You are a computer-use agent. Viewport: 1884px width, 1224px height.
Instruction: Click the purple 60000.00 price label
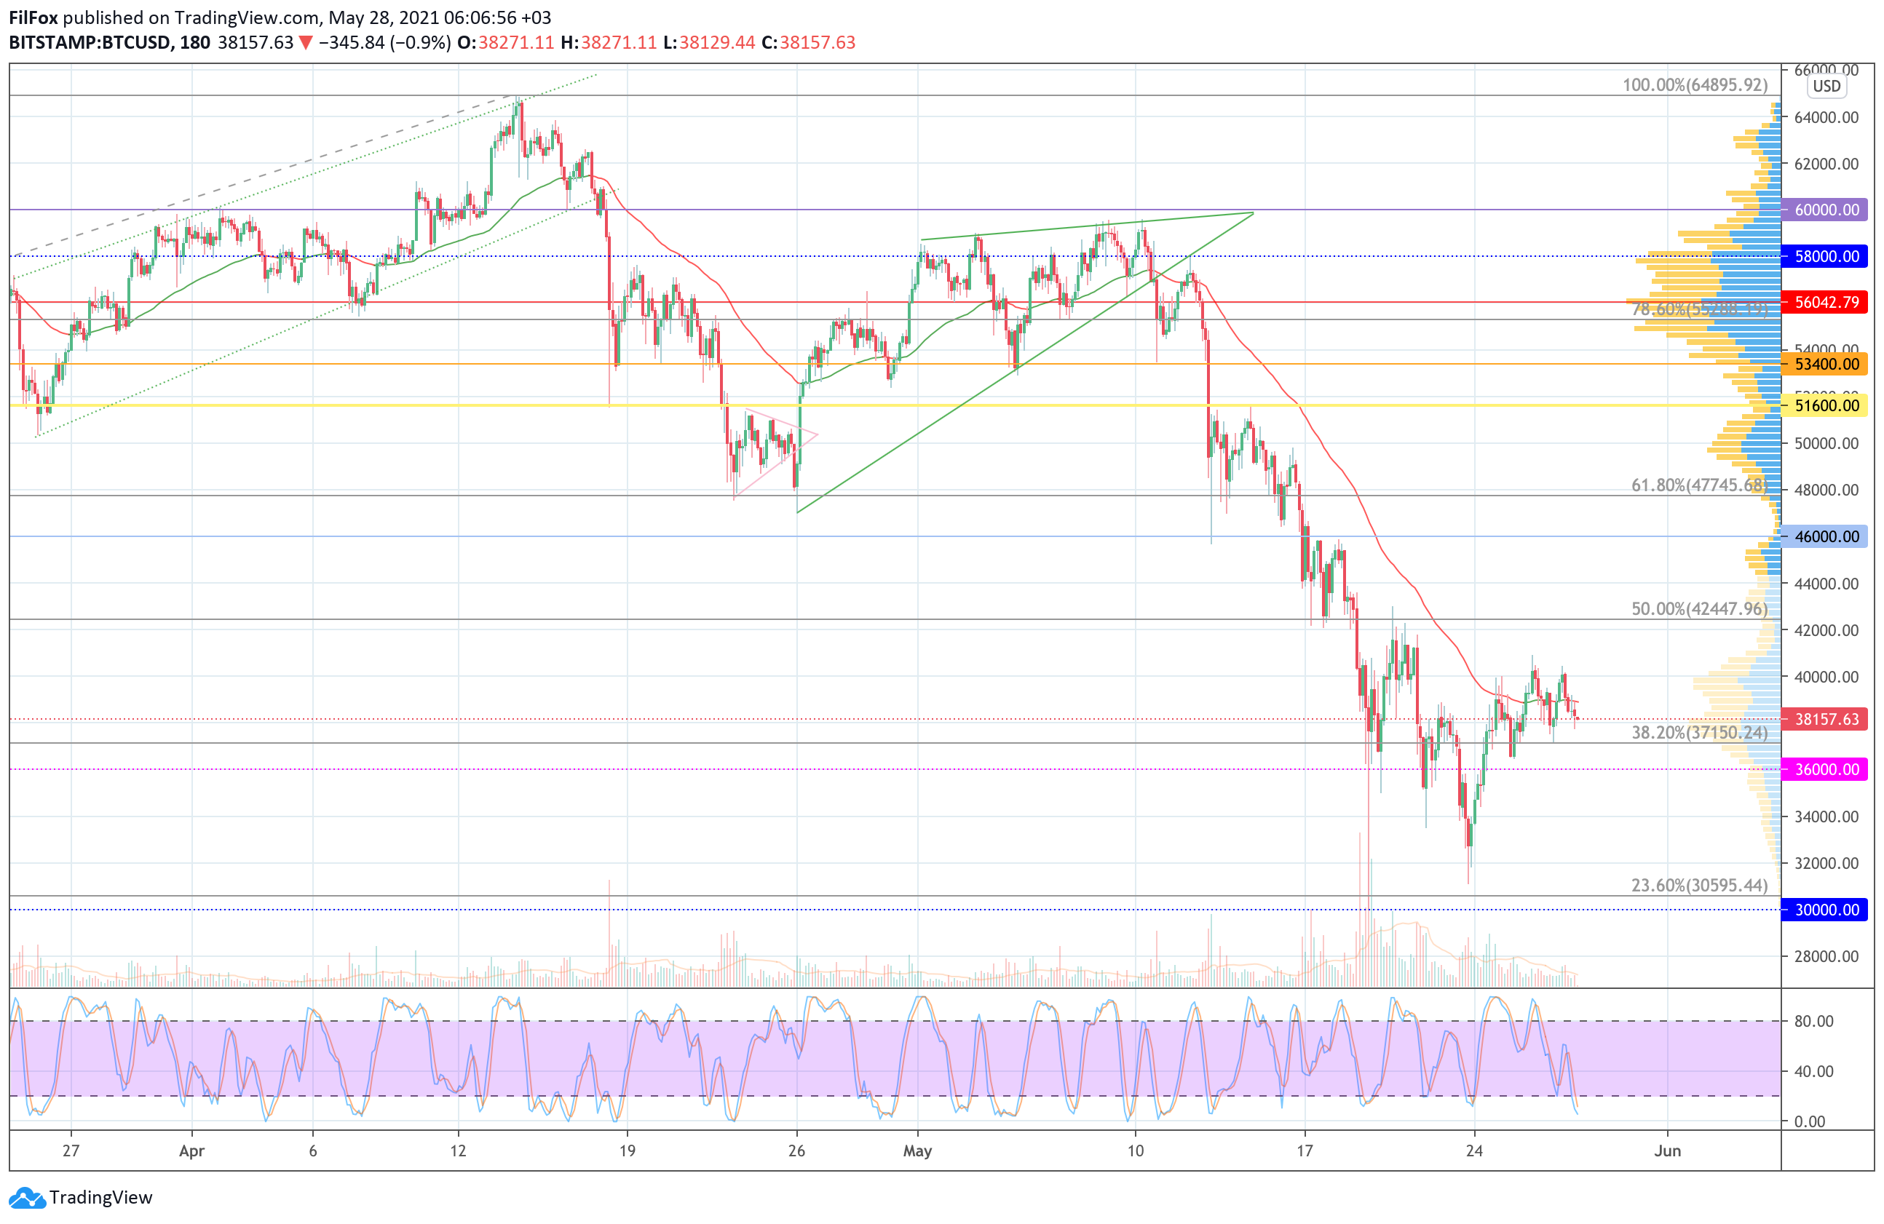(1826, 210)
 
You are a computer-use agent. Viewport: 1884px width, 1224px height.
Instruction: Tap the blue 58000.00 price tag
(1826, 256)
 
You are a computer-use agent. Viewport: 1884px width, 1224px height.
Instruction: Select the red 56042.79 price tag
(1826, 302)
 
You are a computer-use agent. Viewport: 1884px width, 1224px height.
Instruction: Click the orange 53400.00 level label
(1826, 364)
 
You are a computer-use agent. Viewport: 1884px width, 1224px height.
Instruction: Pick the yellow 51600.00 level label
(1826, 406)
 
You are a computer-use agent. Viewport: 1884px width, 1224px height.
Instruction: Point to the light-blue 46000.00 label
(1826, 536)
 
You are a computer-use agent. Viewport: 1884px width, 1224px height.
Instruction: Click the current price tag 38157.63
(1826, 719)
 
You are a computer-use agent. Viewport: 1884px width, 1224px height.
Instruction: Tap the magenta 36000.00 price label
(1826, 769)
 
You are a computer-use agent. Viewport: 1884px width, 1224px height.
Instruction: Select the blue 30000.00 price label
(1826, 910)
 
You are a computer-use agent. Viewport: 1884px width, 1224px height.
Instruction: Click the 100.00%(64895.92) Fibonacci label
(1694, 84)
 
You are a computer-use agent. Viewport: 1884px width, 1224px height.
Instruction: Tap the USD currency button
(1826, 87)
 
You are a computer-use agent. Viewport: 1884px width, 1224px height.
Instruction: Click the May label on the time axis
(917, 1151)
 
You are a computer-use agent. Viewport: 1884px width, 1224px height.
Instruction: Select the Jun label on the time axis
(1667, 1151)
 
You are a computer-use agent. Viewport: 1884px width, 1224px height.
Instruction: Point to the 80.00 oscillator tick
(1813, 1022)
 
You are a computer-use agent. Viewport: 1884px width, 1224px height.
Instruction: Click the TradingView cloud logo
(28, 1198)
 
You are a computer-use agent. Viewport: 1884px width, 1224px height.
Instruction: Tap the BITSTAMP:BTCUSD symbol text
(90, 43)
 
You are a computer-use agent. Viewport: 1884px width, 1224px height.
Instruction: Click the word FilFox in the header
(33, 17)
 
